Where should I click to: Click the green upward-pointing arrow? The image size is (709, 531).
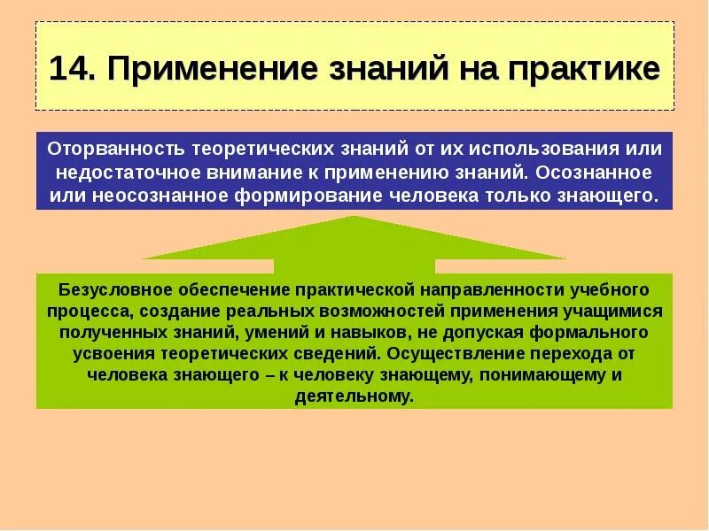(x=354, y=243)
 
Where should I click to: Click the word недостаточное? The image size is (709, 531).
(x=113, y=172)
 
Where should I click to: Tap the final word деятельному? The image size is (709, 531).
(x=354, y=396)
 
